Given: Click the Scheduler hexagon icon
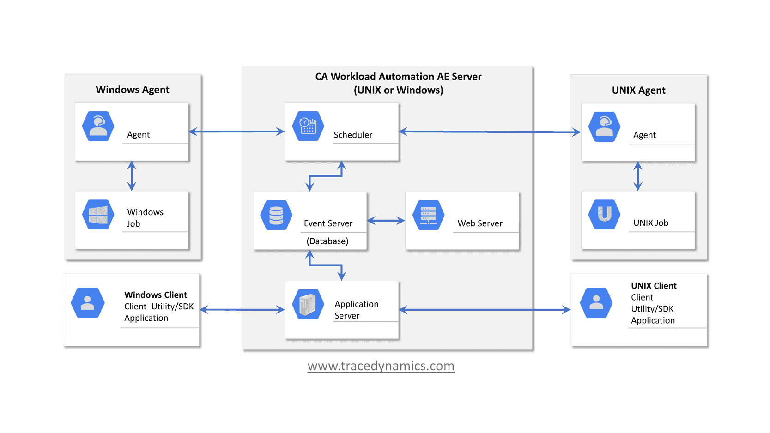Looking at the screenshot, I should coord(308,126).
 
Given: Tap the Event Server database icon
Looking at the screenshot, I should coord(276,215).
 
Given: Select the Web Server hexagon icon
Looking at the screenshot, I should coord(428,215).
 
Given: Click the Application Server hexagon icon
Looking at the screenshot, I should coord(308,304).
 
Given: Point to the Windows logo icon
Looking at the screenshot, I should coord(98,215).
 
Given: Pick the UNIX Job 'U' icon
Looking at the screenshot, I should coord(604,214).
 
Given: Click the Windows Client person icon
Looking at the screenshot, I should coord(87,303).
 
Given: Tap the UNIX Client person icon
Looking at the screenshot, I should coord(596,303).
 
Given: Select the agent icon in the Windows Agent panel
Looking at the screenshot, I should coord(98,126).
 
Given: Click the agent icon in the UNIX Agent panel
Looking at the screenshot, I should coord(604,126).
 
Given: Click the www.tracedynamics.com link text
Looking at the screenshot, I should coord(381,366).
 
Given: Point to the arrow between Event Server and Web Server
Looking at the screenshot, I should coord(386,221).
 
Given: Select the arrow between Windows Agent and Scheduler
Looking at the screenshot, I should coord(236,132).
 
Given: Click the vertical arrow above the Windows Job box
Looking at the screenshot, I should coord(132,176).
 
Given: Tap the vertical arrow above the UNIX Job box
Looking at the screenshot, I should coord(638,176).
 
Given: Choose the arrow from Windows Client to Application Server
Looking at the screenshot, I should coord(242,310).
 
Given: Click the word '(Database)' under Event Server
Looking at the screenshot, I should coord(327,241).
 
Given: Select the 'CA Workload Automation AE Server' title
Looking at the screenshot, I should coord(398,77).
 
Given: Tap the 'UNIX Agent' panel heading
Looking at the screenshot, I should coord(638,90).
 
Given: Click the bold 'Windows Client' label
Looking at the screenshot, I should coord(155,295).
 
